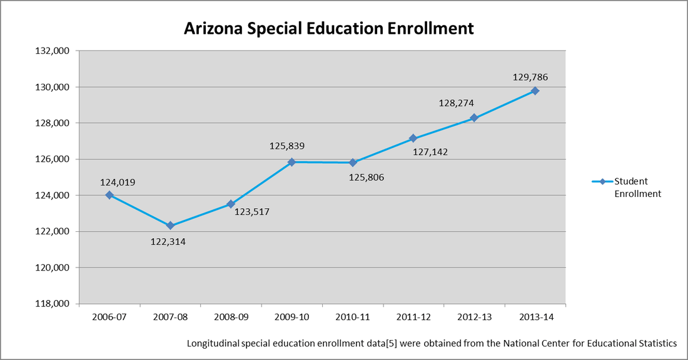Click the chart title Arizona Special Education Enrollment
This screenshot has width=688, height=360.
[x=328, y=29]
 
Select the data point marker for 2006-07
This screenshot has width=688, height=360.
[x=109, y=195]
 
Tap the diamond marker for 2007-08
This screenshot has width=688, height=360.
[x=170, y=226]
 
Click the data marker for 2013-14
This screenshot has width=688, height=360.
[x=535, y=91]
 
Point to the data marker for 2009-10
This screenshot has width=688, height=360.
[x=291, y=162]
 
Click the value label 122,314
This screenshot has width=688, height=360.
[x=168, y=241]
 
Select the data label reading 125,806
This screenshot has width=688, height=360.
[x=366, y=177]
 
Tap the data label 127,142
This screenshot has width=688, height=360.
[x=430, y=152]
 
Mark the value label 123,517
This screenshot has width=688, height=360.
[x=251, y=212]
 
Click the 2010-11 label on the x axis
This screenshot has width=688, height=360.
[x=353, y=317]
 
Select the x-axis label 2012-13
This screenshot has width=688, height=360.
[x=474, y=317]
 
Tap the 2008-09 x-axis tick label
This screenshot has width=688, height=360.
[x=231, y=317]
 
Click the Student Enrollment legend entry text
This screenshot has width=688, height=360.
[x=637, y=187]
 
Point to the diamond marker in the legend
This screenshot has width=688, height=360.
[x=601, y=182]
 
